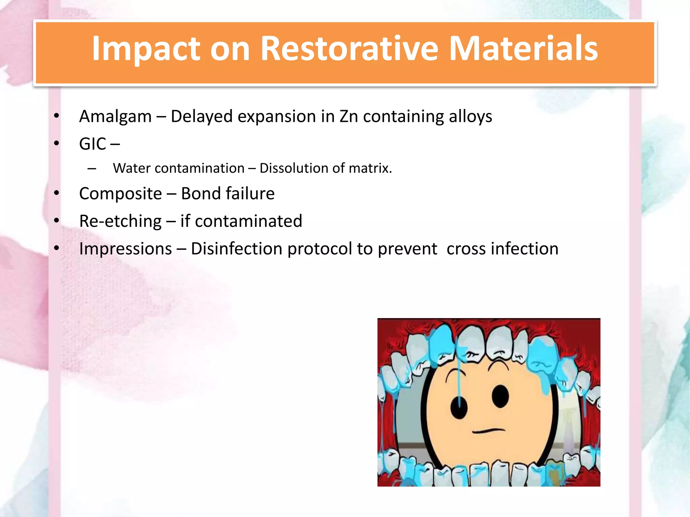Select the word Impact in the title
(146, 49)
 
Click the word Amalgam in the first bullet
(115, 116)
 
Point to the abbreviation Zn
(348, 116)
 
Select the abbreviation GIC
(93, 144)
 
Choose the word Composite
(120, 194)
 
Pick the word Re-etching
(120, 221)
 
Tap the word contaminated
(248, 221)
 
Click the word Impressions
(125, 249)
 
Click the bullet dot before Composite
(57, 193)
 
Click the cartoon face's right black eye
(500, 396)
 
